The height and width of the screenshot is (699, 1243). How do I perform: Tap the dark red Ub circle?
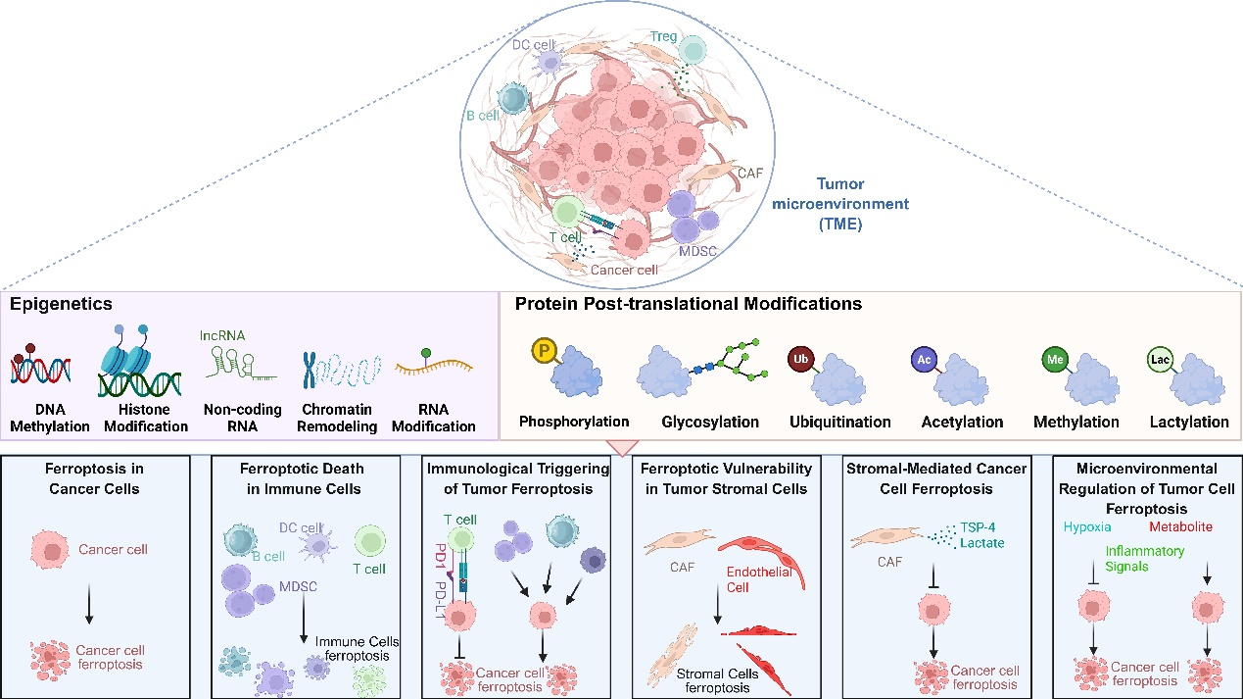pyautogui.click(x=801, y=359)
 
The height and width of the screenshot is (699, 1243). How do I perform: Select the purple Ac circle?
pyautogui.click(x=924, y=359)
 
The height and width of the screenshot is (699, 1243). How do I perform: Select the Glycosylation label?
pyautogui.click(x=711, y=422)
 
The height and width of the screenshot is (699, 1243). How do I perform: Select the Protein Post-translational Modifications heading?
pyautogui.click(x=688, y=305)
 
